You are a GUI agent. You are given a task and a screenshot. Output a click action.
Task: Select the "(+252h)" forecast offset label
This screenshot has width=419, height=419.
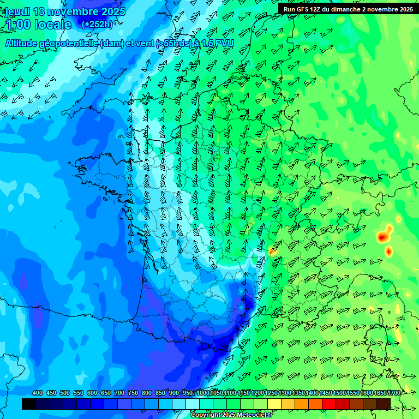click(97, 25)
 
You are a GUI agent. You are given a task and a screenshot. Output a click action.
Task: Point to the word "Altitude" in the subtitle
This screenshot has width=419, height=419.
click(24, 43)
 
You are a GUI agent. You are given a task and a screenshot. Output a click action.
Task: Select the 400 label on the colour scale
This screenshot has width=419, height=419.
click(38, 393)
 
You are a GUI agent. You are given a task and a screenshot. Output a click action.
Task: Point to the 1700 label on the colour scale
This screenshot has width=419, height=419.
click(393, 393)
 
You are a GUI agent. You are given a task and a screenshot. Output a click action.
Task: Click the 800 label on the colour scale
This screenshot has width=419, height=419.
click(147, 393)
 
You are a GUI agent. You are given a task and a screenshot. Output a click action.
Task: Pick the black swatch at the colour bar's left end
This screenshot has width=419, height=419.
click(29, 404)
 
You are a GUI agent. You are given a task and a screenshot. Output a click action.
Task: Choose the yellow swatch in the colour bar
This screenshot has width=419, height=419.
click(274, 404)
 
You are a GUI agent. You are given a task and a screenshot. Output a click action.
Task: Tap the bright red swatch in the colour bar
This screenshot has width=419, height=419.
click(329, 404)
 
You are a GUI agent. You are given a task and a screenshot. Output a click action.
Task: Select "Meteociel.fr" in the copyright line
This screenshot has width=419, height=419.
click(255, 415)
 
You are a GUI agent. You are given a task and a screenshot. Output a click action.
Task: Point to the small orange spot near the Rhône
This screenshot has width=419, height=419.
click(271, 252)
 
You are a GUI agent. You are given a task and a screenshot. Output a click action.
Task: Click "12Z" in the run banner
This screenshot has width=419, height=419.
click(316, 9)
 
